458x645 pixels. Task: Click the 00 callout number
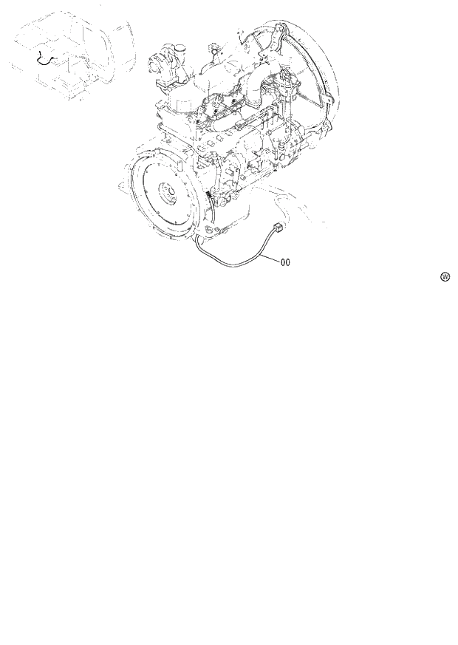[x=286, y=261]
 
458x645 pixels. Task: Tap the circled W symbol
[x=445, y=277]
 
